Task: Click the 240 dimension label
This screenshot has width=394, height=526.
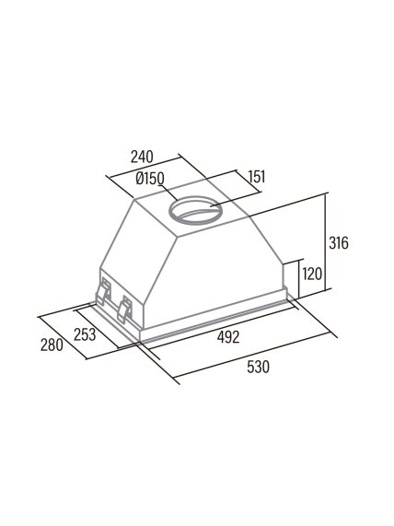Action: click(142, 157)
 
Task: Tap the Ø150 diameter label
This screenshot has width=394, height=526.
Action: click(150, 179)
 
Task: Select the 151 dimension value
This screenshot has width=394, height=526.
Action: click(257, 177)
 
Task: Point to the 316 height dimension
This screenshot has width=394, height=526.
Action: click(339, 242)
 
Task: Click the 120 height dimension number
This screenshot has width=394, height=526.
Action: click(312, 274)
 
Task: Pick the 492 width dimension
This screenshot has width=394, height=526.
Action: click(228, 337)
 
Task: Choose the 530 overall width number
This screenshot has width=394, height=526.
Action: click(258, 367)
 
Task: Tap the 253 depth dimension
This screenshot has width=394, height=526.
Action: click(85, 334)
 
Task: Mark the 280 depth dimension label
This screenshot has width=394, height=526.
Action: click(52, 345)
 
